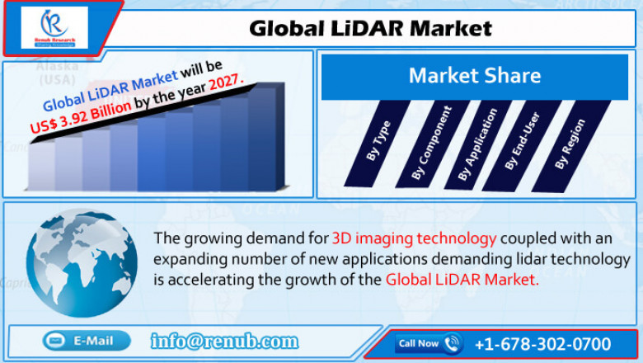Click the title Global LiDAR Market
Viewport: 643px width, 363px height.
[371, 28]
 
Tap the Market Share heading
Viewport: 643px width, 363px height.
[474, 77]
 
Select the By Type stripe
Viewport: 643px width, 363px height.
[379, 140]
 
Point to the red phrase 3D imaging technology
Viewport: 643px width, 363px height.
[414, 238]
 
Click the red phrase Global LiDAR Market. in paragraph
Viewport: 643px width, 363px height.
[462, 280]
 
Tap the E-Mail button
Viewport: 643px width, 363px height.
[87, 340]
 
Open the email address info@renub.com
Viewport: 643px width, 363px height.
[224, 341]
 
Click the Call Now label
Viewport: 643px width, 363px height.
[418, 343]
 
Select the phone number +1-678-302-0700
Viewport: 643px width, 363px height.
[542, 343]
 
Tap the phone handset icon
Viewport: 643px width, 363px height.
[453, 343]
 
